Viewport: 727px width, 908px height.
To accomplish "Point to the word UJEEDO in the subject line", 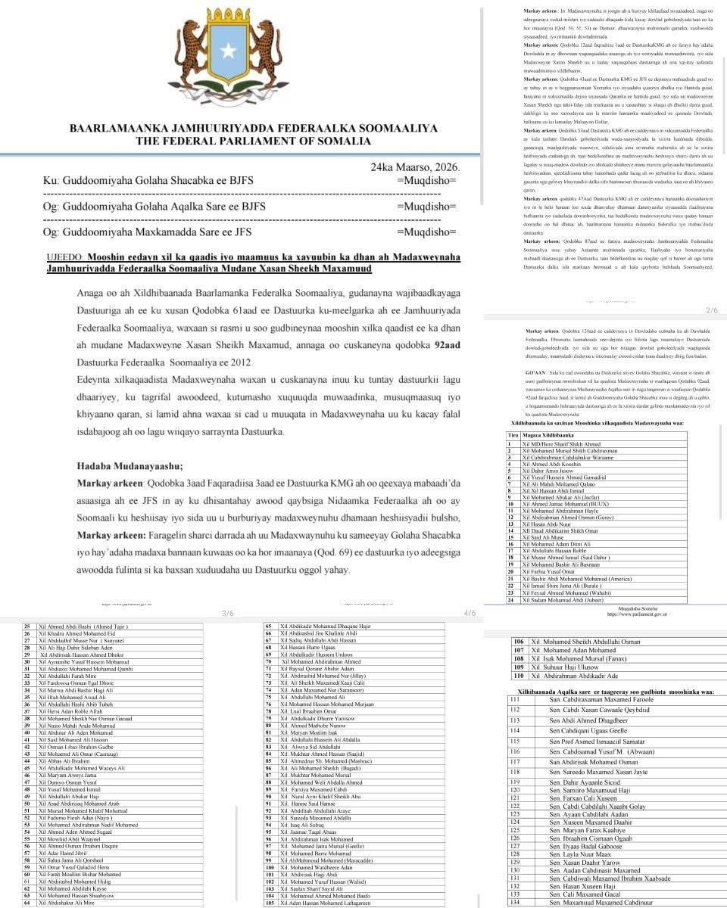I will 65,257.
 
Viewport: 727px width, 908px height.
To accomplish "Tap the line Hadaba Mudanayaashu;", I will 130,465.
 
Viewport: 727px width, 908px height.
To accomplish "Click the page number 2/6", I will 711,311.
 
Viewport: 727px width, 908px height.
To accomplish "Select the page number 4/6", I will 470,613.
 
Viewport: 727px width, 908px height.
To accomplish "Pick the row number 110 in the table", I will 519,676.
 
